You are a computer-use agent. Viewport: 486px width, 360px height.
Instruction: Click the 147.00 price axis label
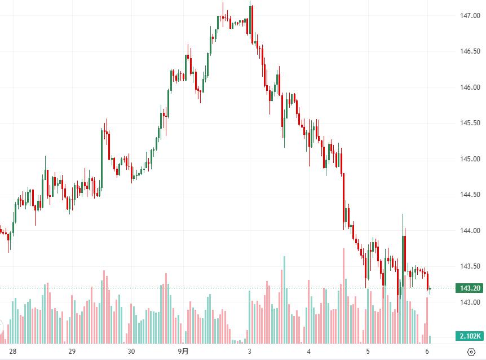(469, 16)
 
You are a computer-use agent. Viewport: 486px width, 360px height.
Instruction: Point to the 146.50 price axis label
(469, 51)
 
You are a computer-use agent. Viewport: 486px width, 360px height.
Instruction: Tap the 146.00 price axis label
(469, 87)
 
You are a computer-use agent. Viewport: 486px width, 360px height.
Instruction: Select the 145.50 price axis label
(469, 123)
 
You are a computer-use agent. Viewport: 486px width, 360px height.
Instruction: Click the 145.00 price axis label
(469, 159)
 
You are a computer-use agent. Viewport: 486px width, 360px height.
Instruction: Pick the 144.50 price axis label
(469, 195)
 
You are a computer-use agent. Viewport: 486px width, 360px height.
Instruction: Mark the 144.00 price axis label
(469, 231)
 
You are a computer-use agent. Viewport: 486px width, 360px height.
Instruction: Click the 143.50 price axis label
(469, 266)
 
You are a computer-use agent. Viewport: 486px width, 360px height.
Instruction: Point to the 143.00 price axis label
(469, 302)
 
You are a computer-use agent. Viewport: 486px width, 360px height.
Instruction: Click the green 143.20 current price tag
(469, 288)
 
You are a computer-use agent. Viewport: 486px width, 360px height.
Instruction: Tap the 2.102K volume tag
(469, 336)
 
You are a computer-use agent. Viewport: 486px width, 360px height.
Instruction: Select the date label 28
(13, 352)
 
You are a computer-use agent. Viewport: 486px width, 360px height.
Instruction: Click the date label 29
(72, 352)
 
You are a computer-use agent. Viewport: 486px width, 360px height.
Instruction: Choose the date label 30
(131, 352)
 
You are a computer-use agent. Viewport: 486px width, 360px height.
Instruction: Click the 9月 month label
(184, 352)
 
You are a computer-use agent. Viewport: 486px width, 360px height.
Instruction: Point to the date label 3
(249, 352)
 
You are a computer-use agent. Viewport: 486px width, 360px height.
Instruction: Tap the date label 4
(309, 352)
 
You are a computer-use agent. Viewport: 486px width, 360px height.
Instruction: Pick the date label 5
(368, 352)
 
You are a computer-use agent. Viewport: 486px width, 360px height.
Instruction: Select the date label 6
(427, 352)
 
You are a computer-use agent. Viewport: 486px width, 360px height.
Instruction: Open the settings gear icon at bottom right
(471, 352)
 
